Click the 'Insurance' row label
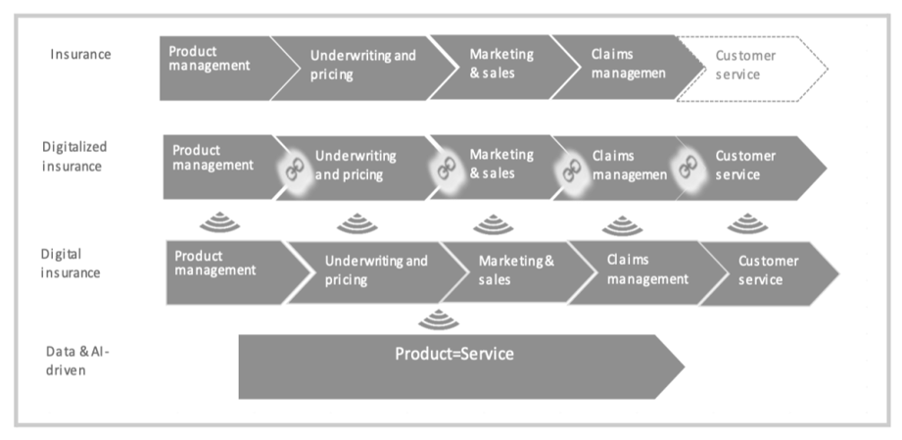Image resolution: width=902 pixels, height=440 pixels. click(80, 54)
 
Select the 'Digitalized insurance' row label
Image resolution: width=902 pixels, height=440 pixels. click(74, 156)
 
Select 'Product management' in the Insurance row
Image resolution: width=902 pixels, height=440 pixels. click(210, 59)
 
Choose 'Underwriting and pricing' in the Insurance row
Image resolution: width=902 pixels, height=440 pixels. click(362, 65)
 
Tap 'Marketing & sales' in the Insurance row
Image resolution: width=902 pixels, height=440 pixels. click(499, 64)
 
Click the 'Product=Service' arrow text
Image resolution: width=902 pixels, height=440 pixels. click(453, 354)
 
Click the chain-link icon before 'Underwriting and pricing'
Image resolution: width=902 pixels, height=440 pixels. click(291, 169)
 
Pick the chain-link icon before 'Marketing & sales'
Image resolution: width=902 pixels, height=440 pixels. click(447, 168)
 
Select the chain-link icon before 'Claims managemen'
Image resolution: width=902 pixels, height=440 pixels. click(570, 169)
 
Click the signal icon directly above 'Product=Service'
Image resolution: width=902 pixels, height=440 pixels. click(439, 319)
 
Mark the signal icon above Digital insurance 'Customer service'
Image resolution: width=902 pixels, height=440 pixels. click(747, 224)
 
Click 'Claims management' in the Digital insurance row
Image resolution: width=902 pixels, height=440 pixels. click(646, 269)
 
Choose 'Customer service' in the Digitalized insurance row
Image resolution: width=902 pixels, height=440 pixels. click(745, 165)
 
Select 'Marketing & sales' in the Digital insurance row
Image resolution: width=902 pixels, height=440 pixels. click(515, 269)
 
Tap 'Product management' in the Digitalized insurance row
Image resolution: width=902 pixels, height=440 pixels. click(213, 158)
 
